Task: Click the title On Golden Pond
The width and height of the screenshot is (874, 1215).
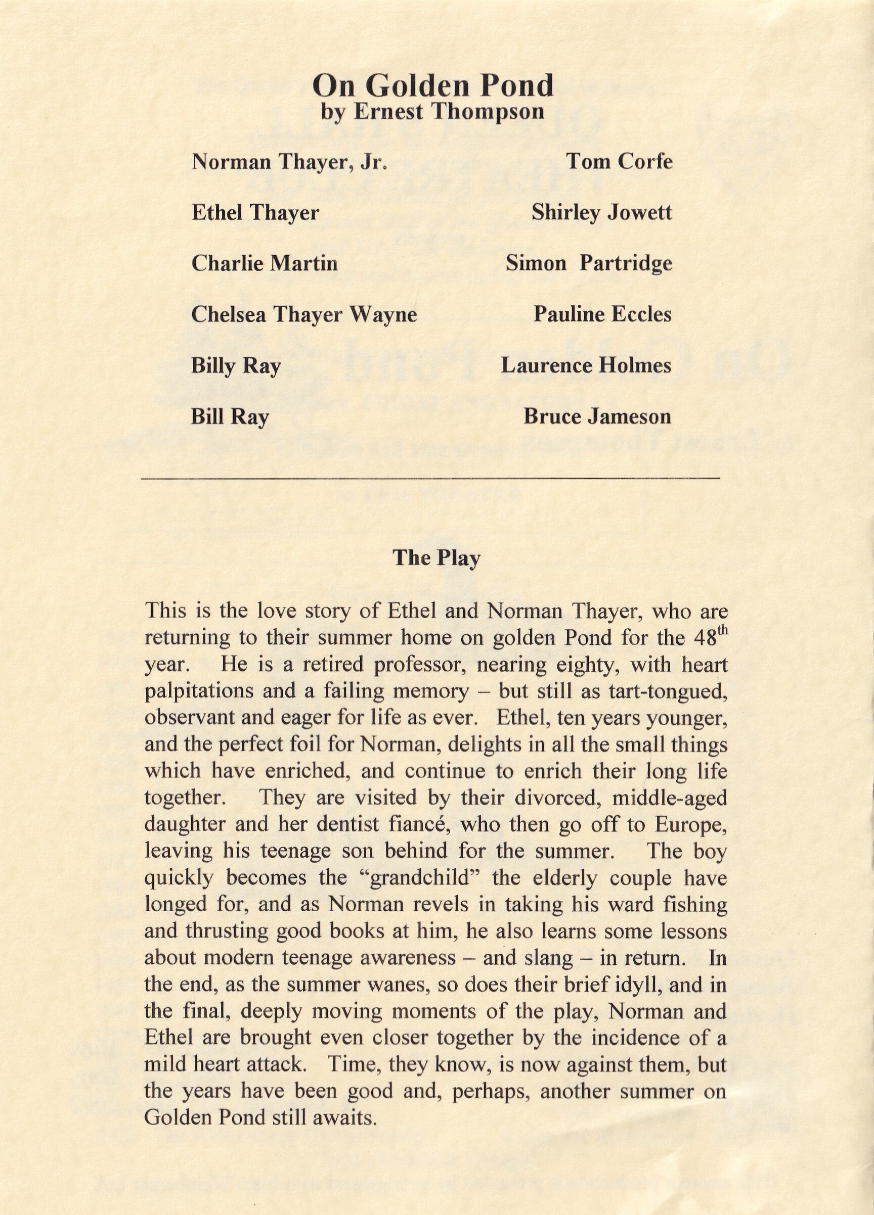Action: click(433, 85)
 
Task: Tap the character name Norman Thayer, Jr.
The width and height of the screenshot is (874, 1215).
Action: click(289, 161)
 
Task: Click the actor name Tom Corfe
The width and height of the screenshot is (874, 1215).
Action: click(619, 161)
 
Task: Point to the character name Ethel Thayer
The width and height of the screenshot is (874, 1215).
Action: click(255, 213)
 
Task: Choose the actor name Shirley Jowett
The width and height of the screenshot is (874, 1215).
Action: click(601, 213)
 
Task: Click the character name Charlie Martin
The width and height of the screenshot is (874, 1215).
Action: click(265, 263)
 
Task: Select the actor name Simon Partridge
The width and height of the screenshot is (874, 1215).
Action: click(589, 263)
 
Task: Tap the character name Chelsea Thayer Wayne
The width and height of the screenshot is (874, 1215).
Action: click(304, 314)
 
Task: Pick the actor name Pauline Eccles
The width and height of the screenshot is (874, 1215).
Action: click(602, 314)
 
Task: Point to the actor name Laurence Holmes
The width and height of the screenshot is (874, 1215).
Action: click(586, 365)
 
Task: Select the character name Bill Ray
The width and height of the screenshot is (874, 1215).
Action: click(230, 417)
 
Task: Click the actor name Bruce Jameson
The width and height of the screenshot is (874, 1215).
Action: click(597, 417)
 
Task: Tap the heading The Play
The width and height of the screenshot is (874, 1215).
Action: click(436, 557)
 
